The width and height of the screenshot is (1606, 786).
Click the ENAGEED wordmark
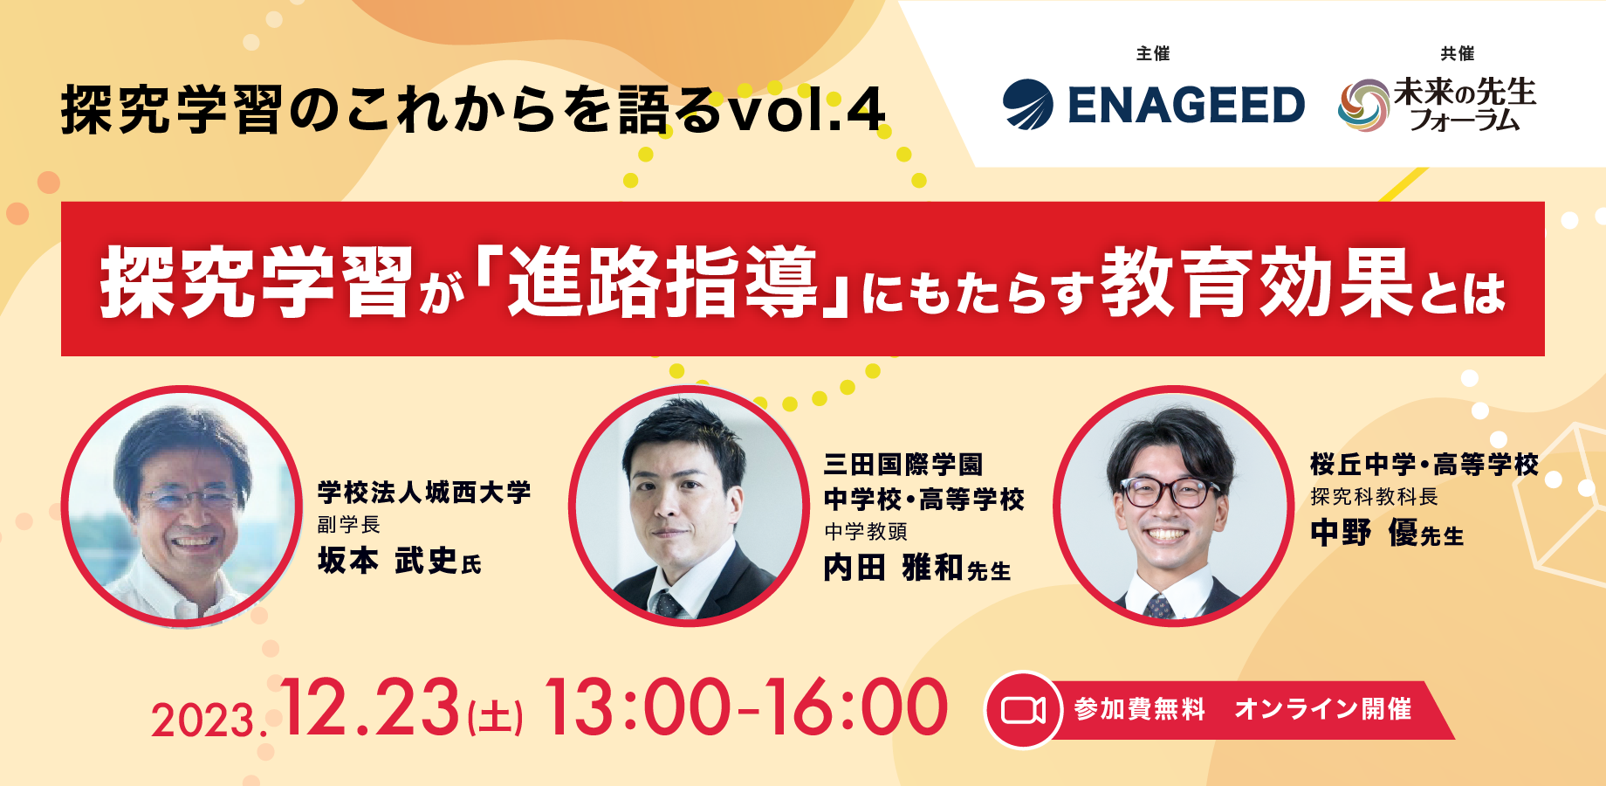coord(1186,106)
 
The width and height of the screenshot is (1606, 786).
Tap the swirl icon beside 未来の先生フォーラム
coord(1362,106)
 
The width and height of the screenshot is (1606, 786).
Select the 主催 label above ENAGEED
coord(1152,54)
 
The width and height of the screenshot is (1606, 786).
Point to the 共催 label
coord(1457,54)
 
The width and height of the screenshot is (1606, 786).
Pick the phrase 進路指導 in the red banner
coord(662,282)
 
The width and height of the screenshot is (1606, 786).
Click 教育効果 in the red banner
coord(1257,282)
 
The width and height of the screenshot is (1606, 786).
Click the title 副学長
coord(349,524)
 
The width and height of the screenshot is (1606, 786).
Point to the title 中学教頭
coord(866,531)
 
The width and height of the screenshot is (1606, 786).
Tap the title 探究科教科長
coord(1374,497)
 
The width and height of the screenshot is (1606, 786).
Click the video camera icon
coord(1023,710)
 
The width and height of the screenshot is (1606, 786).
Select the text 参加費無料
coord(1140,709)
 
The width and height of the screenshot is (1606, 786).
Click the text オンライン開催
coord(1322,709)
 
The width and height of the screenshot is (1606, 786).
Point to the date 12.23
coord(370,707)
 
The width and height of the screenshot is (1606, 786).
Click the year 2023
coord(204,721)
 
